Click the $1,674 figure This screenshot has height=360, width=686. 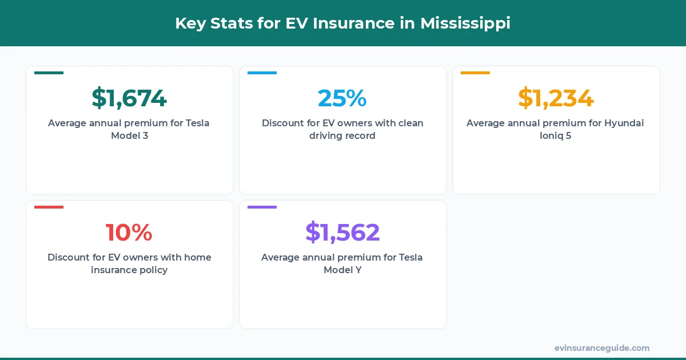click(x=129, y=98)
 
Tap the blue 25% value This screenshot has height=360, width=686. click(x=342, y=98)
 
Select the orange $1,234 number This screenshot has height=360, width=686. click(x=556, y=98)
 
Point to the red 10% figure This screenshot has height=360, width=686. click(x=129, y=233)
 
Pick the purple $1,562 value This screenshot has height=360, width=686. click(x=342, y=233)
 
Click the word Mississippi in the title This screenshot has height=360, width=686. click(x=465, y=23)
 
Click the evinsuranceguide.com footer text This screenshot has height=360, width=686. click(x=602, y=348)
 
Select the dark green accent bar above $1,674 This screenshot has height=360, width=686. click(x=49, y=73)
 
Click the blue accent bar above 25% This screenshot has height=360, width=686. click(x=262, y=73)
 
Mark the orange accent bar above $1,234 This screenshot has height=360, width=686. click(x=475, y=73)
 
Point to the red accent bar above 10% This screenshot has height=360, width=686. click(x=49, y=207)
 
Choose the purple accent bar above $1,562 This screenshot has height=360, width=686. click(x=262, y=207)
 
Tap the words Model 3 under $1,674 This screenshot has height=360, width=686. click(x=129, y=136)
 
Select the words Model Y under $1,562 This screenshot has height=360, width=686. click(x=342, y=270)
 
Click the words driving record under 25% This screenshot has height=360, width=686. click(x=342, y=136)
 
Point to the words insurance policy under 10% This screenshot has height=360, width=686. click(x=129, y=270)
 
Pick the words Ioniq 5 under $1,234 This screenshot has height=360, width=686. click(x=556, y=136)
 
